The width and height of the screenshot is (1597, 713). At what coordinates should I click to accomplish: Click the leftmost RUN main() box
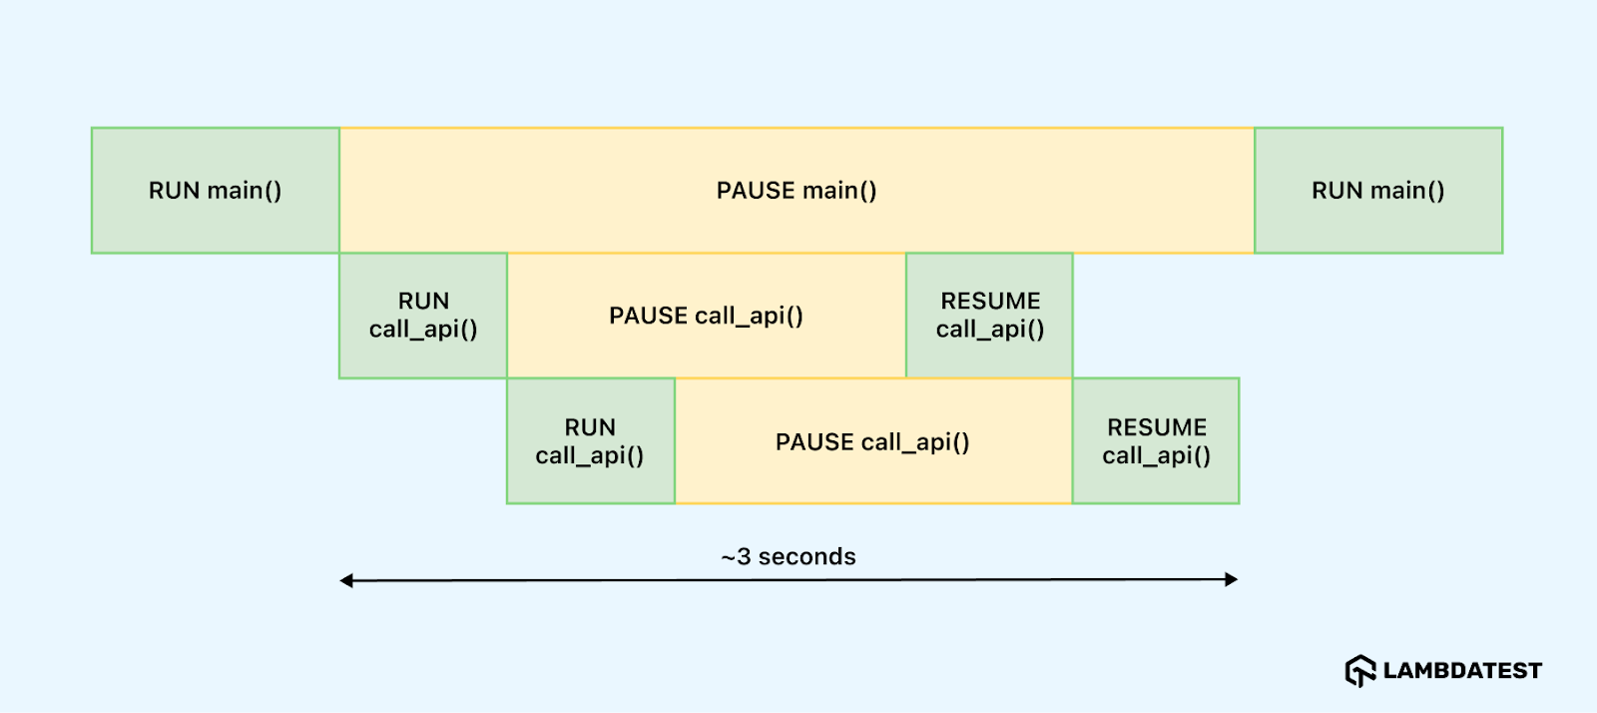[216, 190]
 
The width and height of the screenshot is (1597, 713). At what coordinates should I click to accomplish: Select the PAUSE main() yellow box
[797, 190]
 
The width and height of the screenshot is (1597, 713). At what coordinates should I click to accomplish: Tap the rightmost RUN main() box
[1378, 190]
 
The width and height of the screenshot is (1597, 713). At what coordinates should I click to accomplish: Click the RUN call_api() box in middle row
[423, 316]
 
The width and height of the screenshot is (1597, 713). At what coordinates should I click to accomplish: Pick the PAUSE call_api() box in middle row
[707, 316]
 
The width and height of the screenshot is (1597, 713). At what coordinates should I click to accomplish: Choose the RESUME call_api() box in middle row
[989, 316]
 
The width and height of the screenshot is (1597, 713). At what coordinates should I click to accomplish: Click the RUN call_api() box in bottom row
[590, 441]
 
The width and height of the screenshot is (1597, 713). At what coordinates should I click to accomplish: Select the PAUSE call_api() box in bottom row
[873, 441]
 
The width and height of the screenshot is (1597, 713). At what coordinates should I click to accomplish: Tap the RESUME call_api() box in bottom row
[1156, 441]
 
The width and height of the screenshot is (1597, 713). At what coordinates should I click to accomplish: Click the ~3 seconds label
[789, 556]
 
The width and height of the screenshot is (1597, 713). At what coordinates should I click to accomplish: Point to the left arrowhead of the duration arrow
[346, 580]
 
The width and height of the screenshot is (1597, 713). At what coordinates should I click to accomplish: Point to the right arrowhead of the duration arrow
[1232, 579]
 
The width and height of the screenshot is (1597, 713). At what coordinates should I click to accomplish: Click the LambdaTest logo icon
[1360, 670]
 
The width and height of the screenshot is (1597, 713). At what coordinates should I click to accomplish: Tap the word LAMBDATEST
[1462, 671]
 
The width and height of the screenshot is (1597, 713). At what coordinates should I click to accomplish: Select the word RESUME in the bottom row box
[1157, 427]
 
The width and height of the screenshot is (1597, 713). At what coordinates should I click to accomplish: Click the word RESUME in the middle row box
[990, 301]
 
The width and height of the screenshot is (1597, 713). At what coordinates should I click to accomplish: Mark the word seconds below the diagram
[806, 556]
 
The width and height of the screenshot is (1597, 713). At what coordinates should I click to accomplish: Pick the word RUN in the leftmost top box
[175, 190]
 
